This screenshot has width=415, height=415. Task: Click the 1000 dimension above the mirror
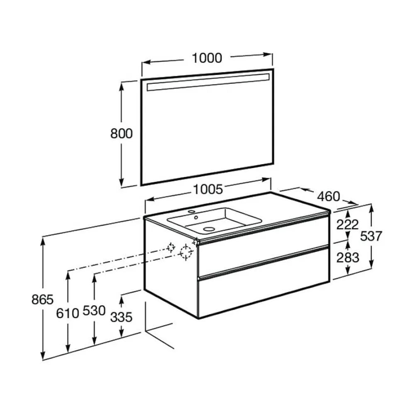click(207, 58)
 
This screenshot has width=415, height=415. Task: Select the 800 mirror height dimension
click(121, 134)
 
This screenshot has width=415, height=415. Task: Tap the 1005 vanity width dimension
click(208, 189)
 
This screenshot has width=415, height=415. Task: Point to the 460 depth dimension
click(328, 196)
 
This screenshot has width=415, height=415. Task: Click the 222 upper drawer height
click(347, 225)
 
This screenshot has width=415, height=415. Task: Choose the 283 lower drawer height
click(347, 258)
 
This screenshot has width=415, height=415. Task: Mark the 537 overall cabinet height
click(371, 236)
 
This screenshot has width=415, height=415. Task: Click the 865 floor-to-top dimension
click(42, 300)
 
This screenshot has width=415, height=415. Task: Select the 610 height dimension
click(68, 313)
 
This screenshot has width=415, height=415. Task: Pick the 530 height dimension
click(94, 310)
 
